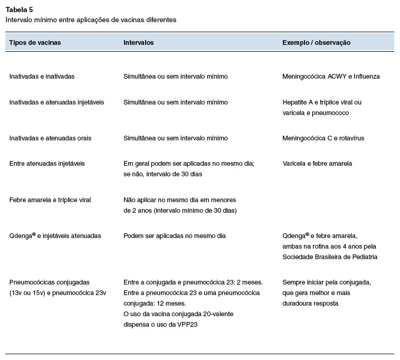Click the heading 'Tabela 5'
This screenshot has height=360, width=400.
tap(19, 9)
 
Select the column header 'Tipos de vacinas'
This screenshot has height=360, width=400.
tap(35, 42)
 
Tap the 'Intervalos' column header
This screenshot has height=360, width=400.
tap(138, 42)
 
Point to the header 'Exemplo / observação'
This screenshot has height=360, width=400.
tap(317, 42)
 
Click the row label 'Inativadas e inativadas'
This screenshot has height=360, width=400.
tap(42, 77)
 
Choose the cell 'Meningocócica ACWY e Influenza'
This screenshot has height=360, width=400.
tap(331, 77)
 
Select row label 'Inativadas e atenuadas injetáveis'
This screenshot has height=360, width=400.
tap(56, 102)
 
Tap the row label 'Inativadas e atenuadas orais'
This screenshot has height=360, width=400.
tap(50, 138)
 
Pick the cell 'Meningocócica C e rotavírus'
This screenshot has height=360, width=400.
tap(323, 138)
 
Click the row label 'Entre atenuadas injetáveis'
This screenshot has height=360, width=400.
tap(47, 164)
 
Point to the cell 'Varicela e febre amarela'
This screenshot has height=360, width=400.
tap(317, 164)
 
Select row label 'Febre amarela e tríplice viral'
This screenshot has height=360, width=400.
tap(51, 200)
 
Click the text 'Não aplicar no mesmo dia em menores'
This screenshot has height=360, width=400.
tap(179, 200)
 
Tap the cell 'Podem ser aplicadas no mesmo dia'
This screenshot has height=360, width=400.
tap(175, 236)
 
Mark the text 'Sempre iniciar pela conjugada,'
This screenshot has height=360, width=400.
tap(327, 282)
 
